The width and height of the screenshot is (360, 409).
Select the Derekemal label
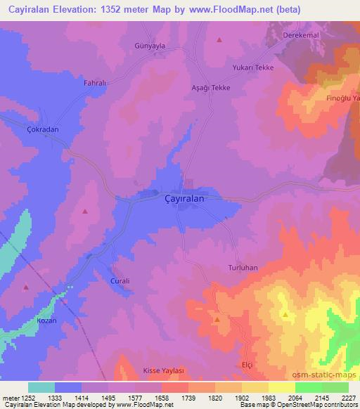[x=302, y=35]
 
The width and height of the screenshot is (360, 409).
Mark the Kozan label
[x=45, y=320]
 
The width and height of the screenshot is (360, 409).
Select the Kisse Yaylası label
[x=163, y=370]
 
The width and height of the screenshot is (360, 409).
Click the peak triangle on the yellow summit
[x=285, y=316]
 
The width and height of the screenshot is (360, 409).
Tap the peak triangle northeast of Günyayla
[x=219, y=40]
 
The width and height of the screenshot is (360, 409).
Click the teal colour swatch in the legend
[x=41, y=387]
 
